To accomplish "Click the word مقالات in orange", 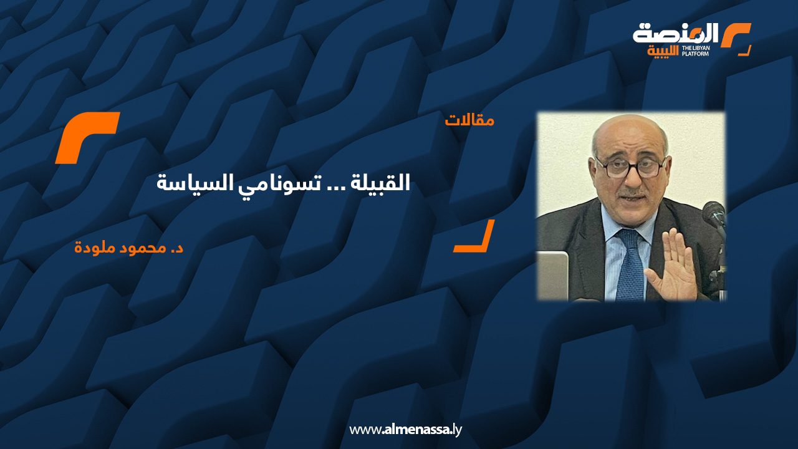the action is (x=469, y=120).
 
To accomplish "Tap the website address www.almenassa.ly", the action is (x=405, y=430).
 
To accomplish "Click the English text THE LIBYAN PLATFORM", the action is (x=695, y=51).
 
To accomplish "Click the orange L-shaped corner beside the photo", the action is (x=474, y=236).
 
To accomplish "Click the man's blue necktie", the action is (x=630, y=264).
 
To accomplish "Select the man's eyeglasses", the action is (x=631, y=168).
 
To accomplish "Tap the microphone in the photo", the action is (x=714, y=215).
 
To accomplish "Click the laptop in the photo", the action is (x=552, y=275).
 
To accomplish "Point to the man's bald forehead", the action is (x=630, y=135).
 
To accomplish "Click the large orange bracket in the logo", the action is (x=736, y=35).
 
